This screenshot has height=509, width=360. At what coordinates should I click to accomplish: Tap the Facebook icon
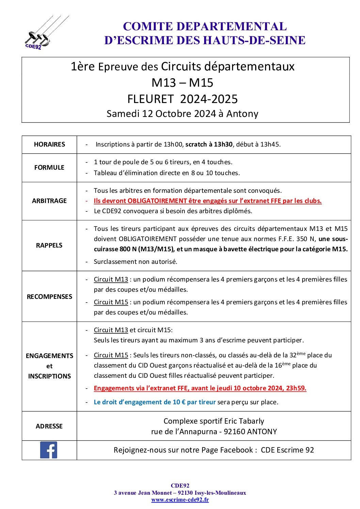[49, 450]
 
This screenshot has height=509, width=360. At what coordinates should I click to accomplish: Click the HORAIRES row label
[49, 145]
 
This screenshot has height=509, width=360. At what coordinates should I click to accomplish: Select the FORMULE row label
[49, 167]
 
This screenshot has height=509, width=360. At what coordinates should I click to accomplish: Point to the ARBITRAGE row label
[49, 201]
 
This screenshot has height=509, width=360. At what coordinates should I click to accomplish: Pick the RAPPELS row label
[49, 245]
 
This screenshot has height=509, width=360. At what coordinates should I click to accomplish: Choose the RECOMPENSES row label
[49, 296]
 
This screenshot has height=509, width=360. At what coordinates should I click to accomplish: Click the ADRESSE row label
[49, 426]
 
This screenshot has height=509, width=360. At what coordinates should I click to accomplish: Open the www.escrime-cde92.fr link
[180, 499]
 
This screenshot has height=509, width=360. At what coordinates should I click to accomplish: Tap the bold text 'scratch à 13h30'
[209, 145]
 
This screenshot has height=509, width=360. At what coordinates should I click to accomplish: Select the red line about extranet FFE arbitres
[208, 201]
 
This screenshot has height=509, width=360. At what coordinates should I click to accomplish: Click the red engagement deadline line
[200, 388]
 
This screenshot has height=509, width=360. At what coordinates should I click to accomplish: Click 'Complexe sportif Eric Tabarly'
[214, 421]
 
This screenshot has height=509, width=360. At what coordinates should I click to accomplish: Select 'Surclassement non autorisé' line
[135, 261]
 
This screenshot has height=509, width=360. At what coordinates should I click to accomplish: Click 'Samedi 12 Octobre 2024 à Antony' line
[182, 114]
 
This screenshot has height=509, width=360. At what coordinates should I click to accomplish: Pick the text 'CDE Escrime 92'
[287, 450]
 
